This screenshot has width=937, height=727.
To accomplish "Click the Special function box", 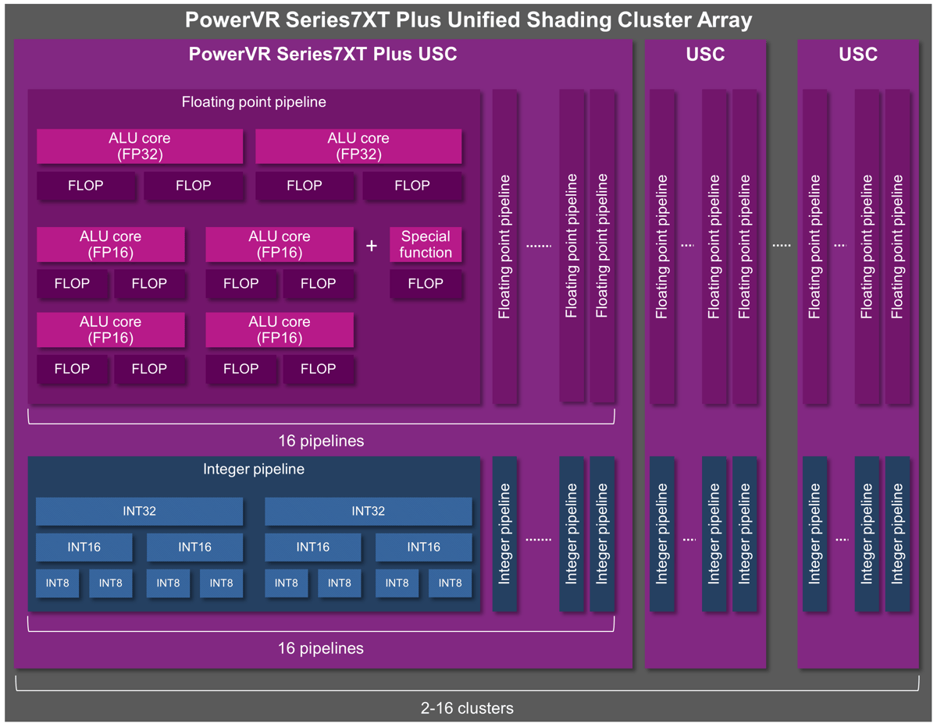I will pyautogui.click(x=426, y=244).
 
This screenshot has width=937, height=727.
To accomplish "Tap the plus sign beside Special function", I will pyautogui.click(x=372, y=246).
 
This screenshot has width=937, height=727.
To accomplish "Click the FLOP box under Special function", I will pyautogui.click(x=426, y=284).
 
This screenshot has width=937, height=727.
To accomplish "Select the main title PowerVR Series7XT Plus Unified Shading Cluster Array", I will pyautogui.click(x=468, y=20).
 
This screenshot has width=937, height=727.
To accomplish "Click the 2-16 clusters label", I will pyautogui.click(x=466, y=708).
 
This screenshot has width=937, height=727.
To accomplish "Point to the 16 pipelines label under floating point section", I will pyautogui.click(x=321, y=441).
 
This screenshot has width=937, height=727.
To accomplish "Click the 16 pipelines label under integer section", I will pyautogui.click(x=321, y=647).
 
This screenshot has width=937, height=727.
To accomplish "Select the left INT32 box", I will pyautogui.click(x=139, y=512).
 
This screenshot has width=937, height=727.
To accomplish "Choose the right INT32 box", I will pyautogui.click(x=369, y=512).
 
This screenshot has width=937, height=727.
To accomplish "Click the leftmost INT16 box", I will pyautogui.click(x=84, y=547).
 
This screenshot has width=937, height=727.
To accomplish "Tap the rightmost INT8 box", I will pyautogui.click(x=450, y=583).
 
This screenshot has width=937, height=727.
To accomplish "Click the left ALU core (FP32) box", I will pyautogui.click(x=140, y=146).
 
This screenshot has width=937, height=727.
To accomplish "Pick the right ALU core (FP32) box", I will pyautogui.click(x=358, y=146).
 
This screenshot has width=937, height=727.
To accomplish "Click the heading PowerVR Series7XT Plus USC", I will pyautogui.click(x=322, y=55).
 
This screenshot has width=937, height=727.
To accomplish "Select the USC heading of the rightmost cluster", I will pyautogui.click(x=858, y=55).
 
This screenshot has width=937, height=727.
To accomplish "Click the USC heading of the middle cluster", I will pyautogui.click(x=705, y=55).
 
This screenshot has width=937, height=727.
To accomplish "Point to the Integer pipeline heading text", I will pyautogui.click(x=254, y=470).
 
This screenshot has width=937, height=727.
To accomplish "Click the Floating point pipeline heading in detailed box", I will pyautogui.click(x=254, y=101).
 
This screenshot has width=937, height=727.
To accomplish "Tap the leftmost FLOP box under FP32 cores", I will pyautogui.click(x=86, y=186).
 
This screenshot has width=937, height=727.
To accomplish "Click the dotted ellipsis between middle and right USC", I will pyautogui.click(x=781, y=246).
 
